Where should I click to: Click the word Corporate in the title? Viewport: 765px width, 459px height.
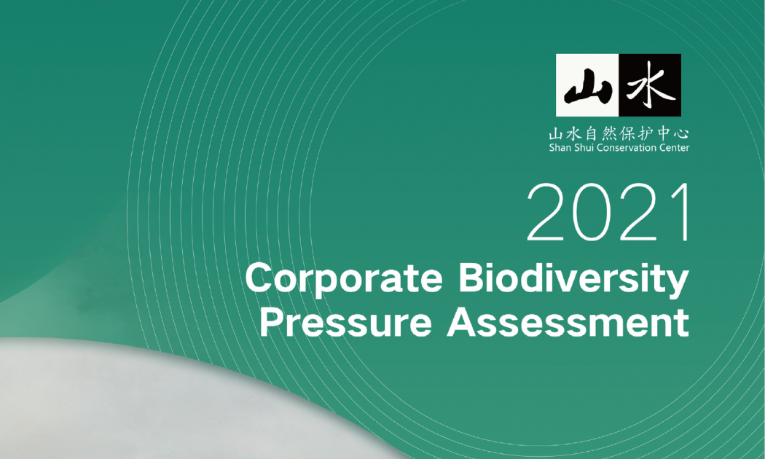343,279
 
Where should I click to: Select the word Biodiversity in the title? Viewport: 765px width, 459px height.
574,279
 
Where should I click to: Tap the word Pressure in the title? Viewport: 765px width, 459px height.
346,323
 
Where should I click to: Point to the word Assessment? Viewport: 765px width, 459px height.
568,323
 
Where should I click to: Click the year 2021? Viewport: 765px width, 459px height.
609,212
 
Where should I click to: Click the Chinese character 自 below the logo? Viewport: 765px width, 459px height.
592,133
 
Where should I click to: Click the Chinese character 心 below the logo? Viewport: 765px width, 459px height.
682,133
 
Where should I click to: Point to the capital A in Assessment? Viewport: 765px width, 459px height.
461,323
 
